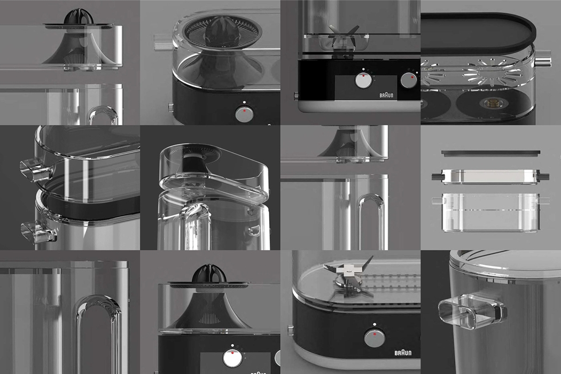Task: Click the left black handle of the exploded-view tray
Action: click(436, 176)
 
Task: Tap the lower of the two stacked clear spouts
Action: click(32, 230)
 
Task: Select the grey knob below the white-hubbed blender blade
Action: click(375, 338)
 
